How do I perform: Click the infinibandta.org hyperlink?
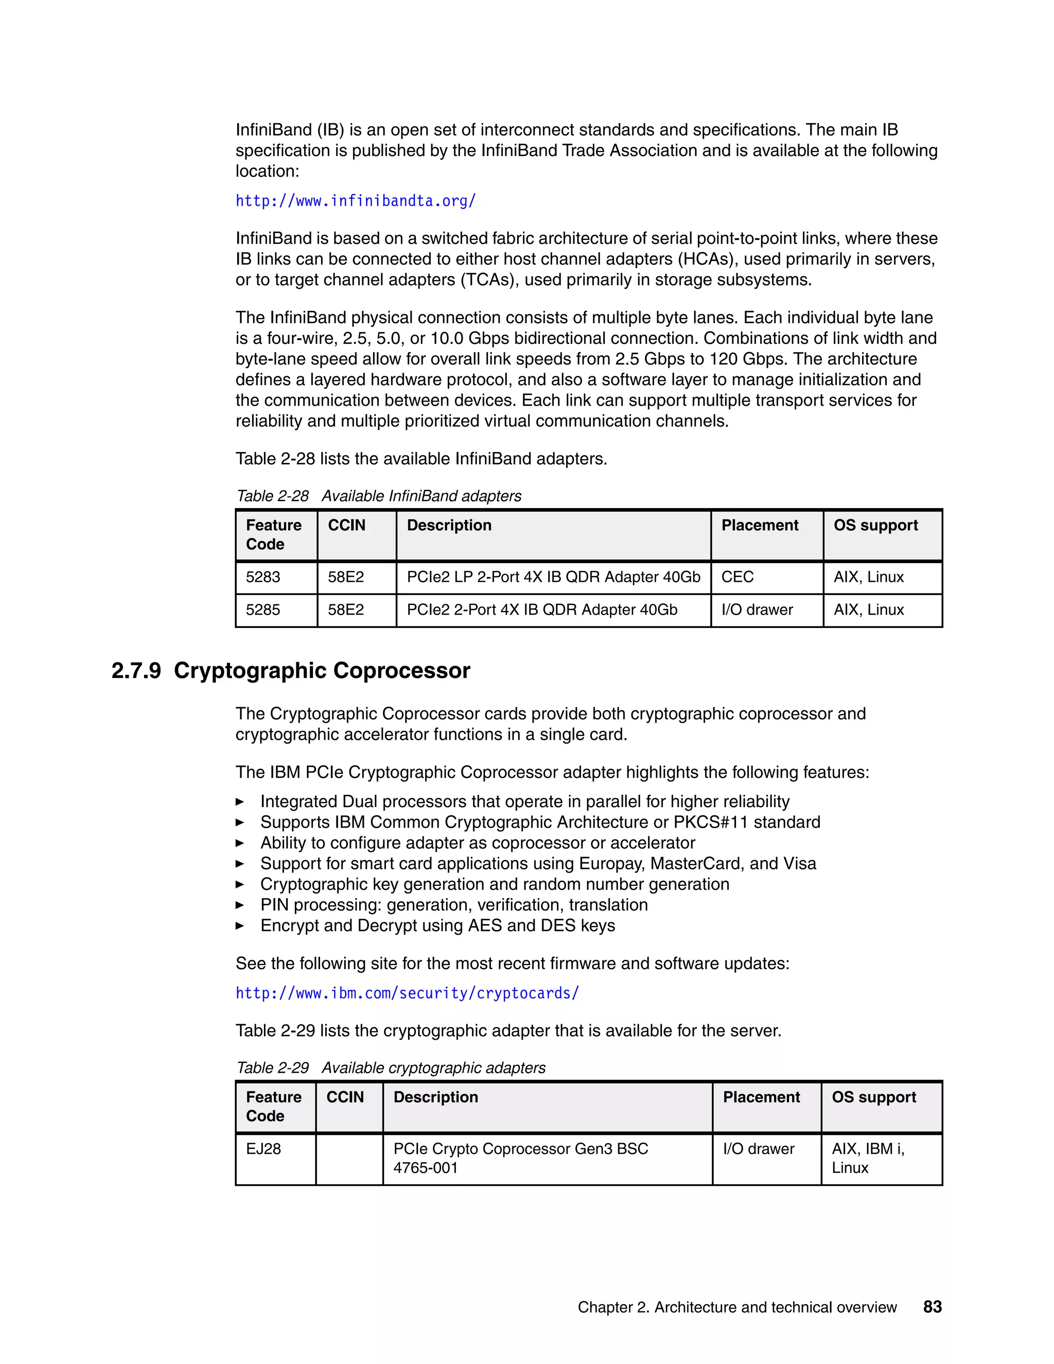355,201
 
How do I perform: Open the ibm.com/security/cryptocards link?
407,993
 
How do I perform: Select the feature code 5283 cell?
263,577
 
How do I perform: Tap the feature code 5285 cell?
263,609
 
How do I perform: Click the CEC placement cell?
737,577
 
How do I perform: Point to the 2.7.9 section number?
136,671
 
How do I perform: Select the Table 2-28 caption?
378,496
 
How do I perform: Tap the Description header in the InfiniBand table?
449,525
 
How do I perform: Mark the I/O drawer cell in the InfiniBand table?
757,609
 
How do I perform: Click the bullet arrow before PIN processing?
240,905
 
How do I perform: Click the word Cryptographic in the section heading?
251,671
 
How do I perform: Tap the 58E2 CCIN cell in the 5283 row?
346,577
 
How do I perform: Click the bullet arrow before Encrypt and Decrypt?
240,925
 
